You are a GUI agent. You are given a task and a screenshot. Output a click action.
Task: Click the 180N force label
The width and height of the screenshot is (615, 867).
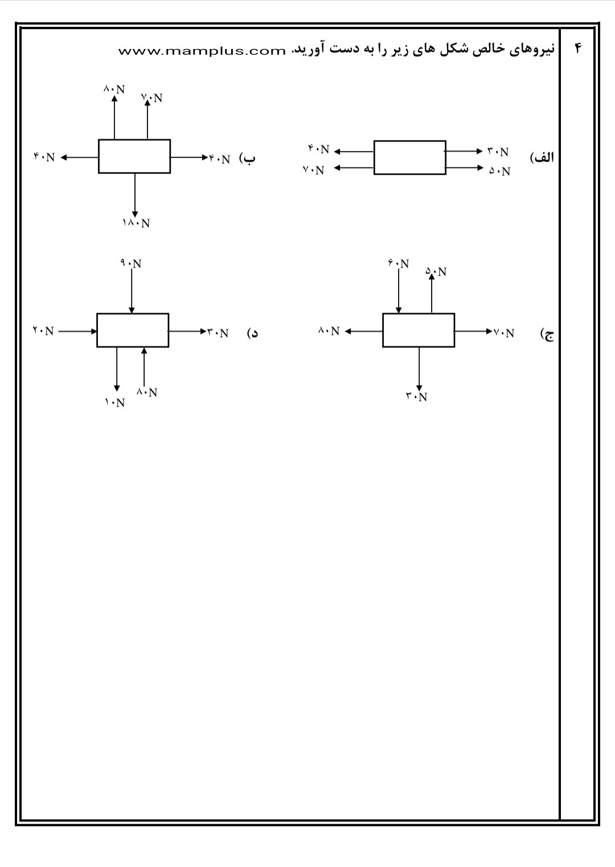136,223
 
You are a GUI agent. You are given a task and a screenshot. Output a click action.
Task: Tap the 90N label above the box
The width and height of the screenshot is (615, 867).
131,264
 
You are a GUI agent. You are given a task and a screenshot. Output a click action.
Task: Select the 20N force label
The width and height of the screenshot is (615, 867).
43,331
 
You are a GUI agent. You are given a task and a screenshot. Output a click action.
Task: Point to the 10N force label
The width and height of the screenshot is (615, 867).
114,403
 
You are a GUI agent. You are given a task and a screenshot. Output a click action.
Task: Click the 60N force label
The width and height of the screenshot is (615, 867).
398,264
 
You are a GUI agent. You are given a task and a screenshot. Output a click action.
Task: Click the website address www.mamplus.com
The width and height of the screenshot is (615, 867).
202,51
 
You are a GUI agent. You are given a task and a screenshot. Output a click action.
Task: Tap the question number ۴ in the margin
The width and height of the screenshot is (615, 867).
578,49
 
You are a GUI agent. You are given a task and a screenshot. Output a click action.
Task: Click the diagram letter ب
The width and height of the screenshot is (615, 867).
248,159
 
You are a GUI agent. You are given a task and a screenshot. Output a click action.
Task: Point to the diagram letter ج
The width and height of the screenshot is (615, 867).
547,334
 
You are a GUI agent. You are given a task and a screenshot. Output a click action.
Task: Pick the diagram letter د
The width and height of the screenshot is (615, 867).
252,333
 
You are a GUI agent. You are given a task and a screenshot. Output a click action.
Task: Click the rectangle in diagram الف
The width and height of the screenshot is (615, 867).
410,158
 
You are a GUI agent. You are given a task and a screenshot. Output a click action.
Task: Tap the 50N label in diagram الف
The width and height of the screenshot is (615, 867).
499,171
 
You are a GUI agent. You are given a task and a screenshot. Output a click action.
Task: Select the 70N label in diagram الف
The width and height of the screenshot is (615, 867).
314,170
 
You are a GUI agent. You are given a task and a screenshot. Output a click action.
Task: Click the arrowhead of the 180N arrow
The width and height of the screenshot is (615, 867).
135,214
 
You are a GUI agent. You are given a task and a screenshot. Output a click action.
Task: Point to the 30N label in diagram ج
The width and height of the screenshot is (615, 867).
416,396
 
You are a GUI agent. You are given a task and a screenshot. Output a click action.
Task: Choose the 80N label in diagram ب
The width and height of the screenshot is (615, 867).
114,89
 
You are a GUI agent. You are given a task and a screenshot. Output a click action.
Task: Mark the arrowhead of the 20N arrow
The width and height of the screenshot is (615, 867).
93,332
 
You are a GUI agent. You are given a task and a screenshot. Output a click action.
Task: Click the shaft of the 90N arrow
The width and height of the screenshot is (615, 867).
132,291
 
